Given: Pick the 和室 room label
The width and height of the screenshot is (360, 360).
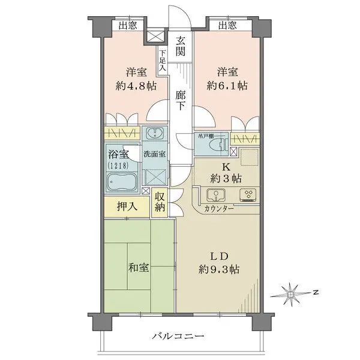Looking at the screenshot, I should pyautogui.click(x=137, y=268).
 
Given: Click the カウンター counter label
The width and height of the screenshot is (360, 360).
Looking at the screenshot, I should pyautogui.click(x=219, y=209).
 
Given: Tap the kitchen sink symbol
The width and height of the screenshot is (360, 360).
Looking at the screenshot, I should pyautogui.click(x=215, y=194).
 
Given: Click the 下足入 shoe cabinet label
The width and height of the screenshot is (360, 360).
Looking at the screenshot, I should pyautogui.click(x=163, y=61).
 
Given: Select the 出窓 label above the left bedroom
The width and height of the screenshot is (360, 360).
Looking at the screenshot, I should pyautogui.click(x=127, y=25).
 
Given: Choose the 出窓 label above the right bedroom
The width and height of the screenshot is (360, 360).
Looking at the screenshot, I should pyautogui.click(x=227, y=25).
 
